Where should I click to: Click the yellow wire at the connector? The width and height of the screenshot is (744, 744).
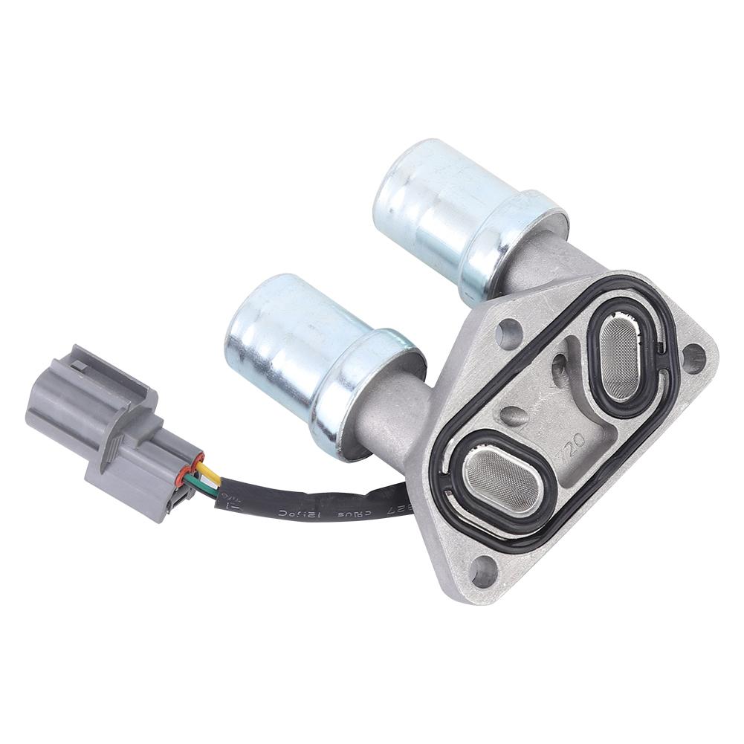pos(210,474)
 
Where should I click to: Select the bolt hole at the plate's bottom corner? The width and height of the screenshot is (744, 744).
pos(484,572)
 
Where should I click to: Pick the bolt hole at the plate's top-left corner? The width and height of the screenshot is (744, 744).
pos(509,328)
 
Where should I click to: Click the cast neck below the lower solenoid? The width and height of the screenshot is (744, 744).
pos(394,424)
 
